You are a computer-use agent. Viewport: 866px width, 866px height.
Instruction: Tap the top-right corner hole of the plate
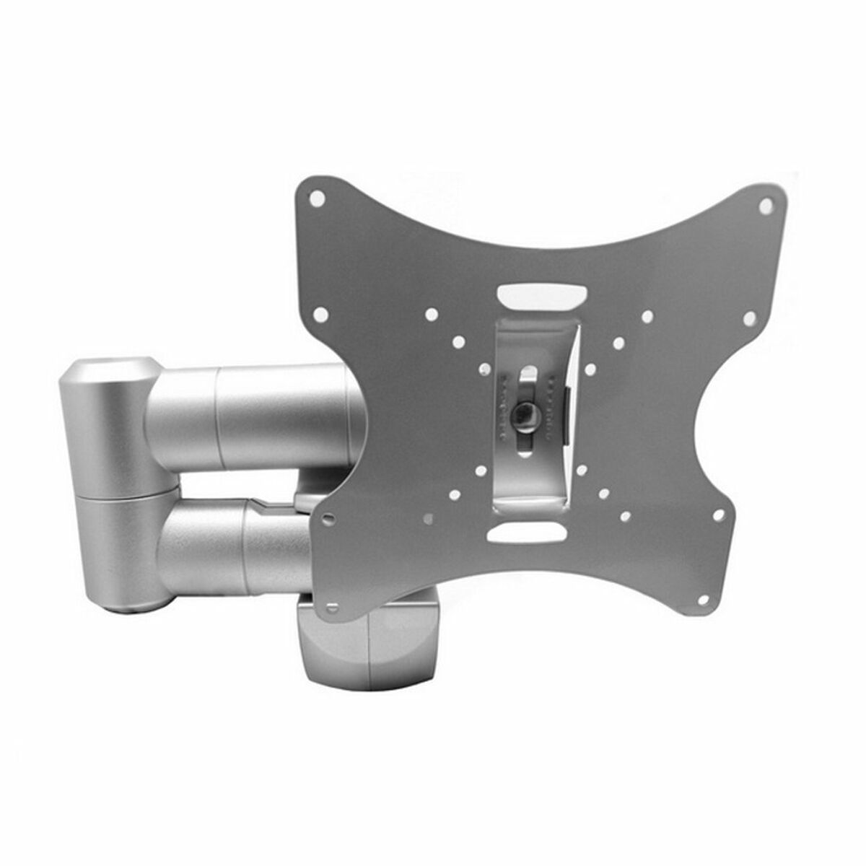[x=766, y=206]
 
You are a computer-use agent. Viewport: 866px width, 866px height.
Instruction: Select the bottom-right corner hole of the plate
[x=718, y=515]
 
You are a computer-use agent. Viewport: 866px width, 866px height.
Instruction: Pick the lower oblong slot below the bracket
[x=526, y=533]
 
